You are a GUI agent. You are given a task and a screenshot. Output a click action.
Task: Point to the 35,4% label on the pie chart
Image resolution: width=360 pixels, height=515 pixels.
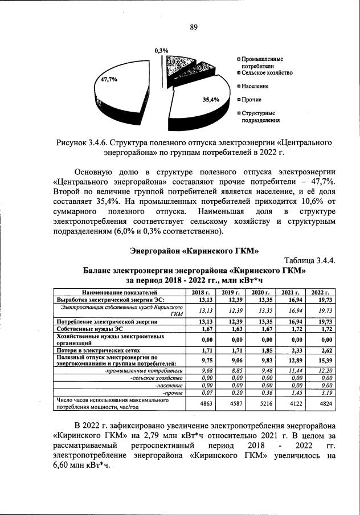click(x=211, y=99)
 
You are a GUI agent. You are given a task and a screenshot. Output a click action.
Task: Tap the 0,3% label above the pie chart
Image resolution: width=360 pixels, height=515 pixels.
click(x=161, y=51)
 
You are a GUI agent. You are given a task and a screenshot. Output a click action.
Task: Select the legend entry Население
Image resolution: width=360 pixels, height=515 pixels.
click(x=254, y=86)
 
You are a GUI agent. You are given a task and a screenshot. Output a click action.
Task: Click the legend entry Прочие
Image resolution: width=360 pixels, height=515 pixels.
click(x=251, y=100)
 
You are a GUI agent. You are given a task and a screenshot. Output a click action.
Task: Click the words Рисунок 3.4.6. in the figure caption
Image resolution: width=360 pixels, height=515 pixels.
click(x=82, y=141)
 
